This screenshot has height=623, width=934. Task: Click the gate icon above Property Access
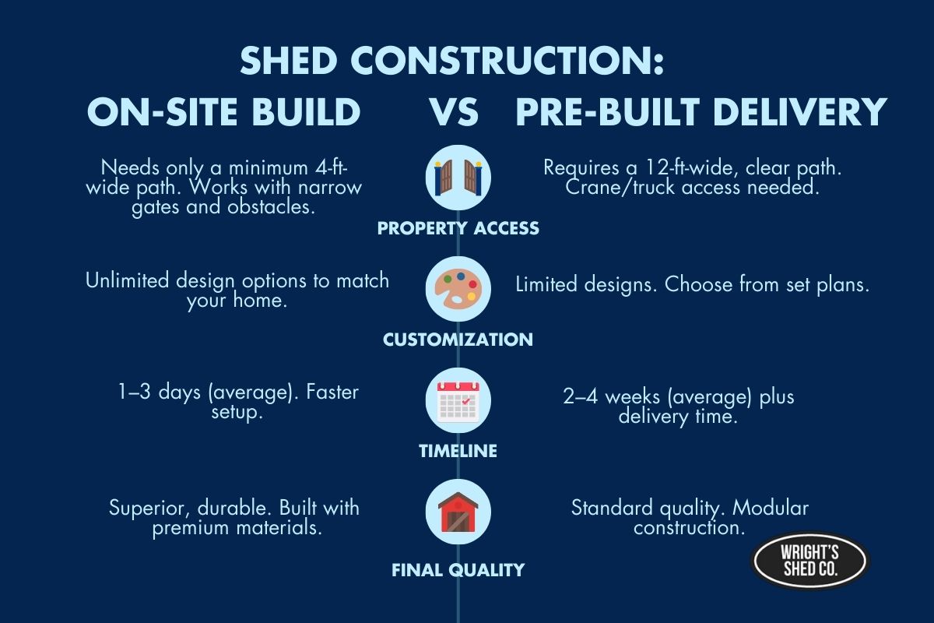tap(458, 177)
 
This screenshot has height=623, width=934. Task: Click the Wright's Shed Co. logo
tap(809, 560)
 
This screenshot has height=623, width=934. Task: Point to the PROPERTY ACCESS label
tap(458, 229)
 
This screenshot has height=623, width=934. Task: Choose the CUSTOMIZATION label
tap(458, 340)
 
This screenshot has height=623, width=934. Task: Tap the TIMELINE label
tap(458, 451)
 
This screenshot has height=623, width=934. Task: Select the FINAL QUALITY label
tap(458, 570)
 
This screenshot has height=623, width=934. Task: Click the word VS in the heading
tap(454, 113)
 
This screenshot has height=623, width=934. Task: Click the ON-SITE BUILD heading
tap(223, 113)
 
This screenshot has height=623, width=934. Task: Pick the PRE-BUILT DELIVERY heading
tap(701, 113)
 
